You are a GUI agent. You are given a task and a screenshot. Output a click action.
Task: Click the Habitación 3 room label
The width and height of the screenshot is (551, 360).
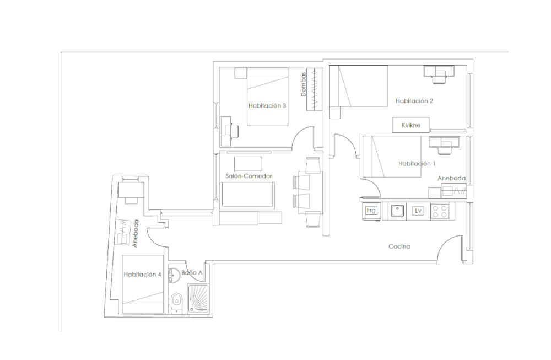click(x=267, y=106)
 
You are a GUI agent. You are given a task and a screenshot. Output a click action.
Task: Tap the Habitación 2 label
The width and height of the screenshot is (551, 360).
click(x=415, y=101)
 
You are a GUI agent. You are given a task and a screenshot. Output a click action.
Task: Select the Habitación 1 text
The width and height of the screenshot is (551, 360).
click(x=417, y=164)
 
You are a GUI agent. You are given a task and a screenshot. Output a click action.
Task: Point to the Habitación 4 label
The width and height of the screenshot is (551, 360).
click(x=143, y=275)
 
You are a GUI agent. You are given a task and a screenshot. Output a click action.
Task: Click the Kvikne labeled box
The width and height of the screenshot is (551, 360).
click(x=410, y=125)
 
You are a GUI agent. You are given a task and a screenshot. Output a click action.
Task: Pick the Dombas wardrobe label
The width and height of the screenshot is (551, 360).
click(x=304, y=85)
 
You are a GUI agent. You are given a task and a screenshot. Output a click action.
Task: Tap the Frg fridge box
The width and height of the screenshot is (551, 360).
click(x=370, y=211)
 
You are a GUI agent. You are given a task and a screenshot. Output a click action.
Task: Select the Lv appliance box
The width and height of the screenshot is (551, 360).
click(x=418, y=211)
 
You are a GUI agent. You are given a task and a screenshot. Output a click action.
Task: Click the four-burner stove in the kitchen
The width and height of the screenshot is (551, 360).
click(x=440, y=211)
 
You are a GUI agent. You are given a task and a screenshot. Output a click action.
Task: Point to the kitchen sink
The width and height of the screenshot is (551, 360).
click(x=397, y=211)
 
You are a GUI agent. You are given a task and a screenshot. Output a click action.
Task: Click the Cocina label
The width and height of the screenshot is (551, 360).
click(x=399, y=247)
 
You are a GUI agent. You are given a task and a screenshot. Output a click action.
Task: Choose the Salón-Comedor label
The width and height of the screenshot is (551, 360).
click(x=249, y=176)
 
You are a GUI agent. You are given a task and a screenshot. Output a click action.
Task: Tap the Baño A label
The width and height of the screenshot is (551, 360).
click(x=192, y=272)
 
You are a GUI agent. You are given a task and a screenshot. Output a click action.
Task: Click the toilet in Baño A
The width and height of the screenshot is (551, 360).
click(x=177, y=300)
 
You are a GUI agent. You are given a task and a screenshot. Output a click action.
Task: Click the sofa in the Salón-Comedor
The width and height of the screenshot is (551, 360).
click(x=248, y=196)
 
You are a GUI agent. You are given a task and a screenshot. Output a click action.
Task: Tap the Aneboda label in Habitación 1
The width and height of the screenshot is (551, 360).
click(x=452, y=179)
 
